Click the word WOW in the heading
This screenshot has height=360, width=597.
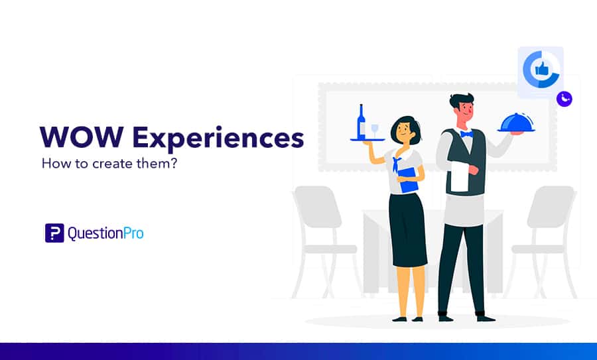pos(82,137)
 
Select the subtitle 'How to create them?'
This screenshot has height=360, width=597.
pos(109,164)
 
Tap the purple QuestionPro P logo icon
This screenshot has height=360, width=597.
pos(54,233)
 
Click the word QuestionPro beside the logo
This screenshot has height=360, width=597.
pos(105,233)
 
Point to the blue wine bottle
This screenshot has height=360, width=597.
pos(361,121)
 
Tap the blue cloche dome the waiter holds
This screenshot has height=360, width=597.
pos(516,123)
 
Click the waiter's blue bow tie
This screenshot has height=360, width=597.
pos(466,134)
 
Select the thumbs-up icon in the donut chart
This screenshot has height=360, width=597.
pos(541,69)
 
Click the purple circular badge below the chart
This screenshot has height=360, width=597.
pos(564,99)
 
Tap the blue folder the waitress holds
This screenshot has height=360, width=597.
pos(407,180)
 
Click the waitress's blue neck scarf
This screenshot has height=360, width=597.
pos(397,163)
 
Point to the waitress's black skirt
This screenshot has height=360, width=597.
pos(407,230)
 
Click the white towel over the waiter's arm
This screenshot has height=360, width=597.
pos(460,176)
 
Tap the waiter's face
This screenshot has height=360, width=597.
pos(464,112)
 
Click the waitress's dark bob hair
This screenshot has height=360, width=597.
pos(406,128)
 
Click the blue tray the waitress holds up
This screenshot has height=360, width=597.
pos(367,140)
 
